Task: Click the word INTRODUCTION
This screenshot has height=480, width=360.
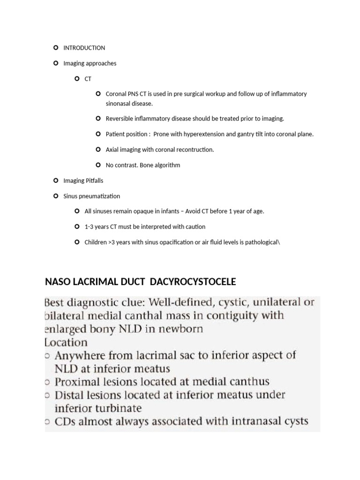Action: [84, 48]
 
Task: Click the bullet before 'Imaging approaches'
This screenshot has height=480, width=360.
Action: [56, 63]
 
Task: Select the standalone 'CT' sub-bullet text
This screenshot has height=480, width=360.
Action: [88, 79]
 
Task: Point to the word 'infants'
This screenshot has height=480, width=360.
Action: [168, 211]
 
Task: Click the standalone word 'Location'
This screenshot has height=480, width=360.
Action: [66, 342]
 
